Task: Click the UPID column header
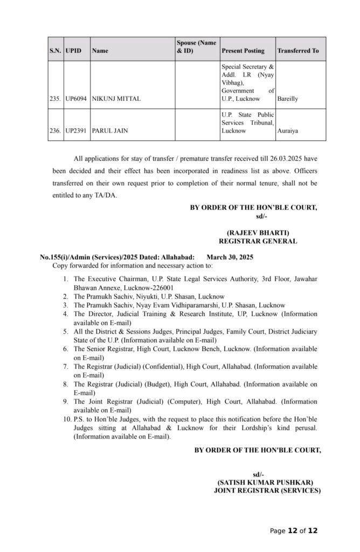pos(73,51)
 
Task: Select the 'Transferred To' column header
pos(298,51)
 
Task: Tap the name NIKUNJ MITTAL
pos(116,99)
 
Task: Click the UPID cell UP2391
pos(76,130)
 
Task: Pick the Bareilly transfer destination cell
pos(288,99)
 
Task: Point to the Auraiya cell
pos(287,130)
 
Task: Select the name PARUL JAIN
pos(110,130)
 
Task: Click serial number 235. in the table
pos(55,99)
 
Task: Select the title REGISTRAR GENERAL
pos(258,241)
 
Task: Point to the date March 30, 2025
pos(230,257)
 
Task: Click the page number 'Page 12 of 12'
pos(294,530)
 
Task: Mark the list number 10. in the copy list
pos(66,419)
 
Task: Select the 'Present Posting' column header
pos(243,51)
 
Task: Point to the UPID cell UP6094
pos(76,99)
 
